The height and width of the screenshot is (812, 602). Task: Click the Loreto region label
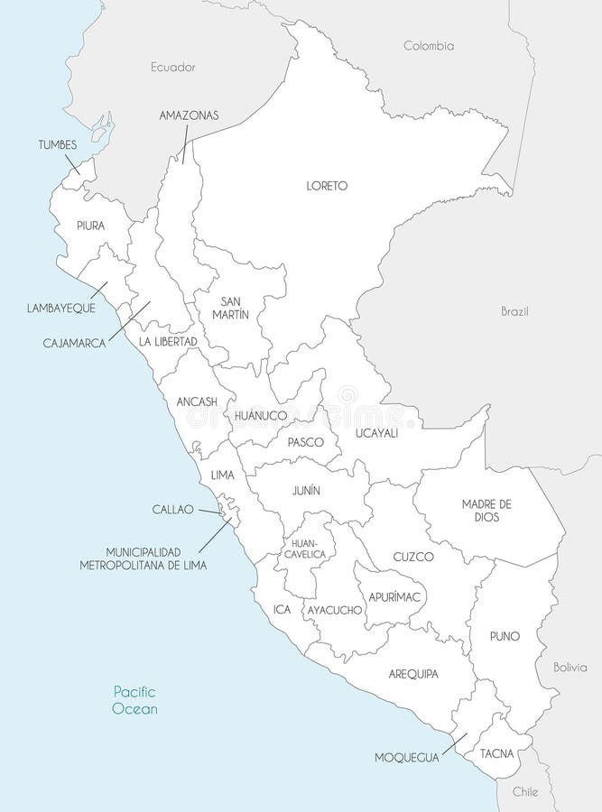click(x=327, y=186)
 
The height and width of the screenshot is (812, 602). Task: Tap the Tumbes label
click(x=57, y=144)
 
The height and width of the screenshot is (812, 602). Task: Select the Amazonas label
click(x=189, y=115)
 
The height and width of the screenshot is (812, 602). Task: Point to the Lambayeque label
click(x=60, y=308)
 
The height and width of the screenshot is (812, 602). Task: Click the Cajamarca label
click(x=75, y=343)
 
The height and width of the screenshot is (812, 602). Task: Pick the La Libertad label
click(x=168, y=342)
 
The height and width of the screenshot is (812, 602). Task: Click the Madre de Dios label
click(x=486, y=510)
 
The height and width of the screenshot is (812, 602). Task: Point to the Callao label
click(x=173, y=509)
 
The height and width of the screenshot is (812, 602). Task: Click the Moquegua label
click(x=407, y=758)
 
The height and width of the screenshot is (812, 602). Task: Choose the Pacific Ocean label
click(x=135, y=700)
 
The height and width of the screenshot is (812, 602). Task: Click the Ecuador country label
click(x=173, y=67)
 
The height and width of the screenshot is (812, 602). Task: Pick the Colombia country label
click(x=429, y=45)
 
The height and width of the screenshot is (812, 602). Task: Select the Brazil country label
click(x=514, y=311)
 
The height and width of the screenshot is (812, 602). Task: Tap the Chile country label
click(x=524, y=791)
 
